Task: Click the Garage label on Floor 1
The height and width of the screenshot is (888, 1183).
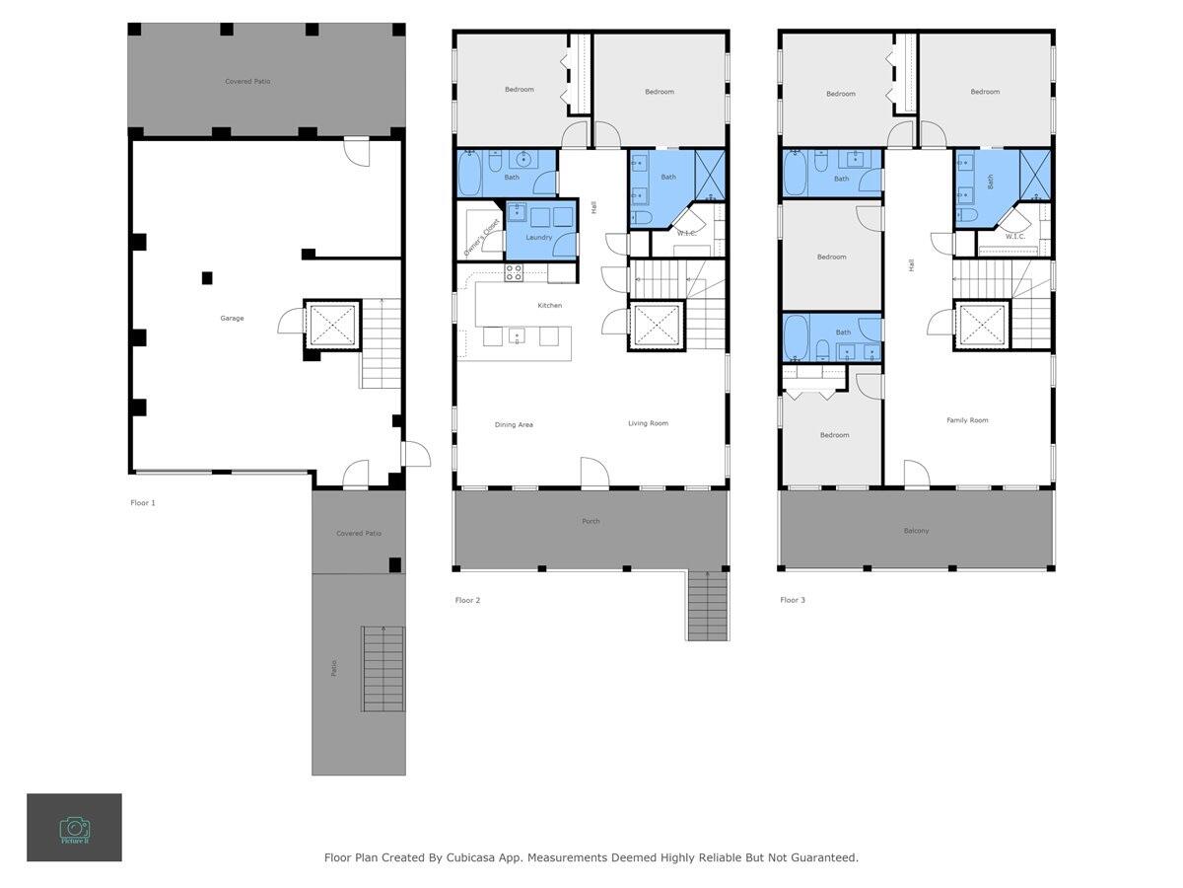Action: tap(232, 318)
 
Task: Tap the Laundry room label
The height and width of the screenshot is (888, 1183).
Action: tap(538, 237)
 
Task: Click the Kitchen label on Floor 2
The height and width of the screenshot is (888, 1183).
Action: tap(549, 305)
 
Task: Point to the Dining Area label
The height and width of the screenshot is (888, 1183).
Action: tap(513, 424)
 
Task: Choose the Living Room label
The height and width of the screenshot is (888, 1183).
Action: tap(648, 423)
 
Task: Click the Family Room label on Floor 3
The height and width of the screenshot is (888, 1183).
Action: tap(967, 420)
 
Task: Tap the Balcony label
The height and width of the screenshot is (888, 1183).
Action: tap(916, 531)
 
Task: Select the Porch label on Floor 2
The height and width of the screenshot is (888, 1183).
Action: tap(591, 521)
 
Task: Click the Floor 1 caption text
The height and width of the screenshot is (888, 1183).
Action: tap(143, 503)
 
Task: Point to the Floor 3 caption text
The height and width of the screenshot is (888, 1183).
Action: tap(793, 600)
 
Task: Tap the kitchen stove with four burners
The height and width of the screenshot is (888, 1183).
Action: tap(514, 272)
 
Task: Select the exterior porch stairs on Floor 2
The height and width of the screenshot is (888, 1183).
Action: tap(707, 606)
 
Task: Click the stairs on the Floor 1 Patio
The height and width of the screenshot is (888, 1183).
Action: tap(383, 668)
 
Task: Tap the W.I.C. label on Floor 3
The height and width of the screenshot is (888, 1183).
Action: tap(1014, 237)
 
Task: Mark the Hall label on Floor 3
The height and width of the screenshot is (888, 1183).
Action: tap(912, 264)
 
